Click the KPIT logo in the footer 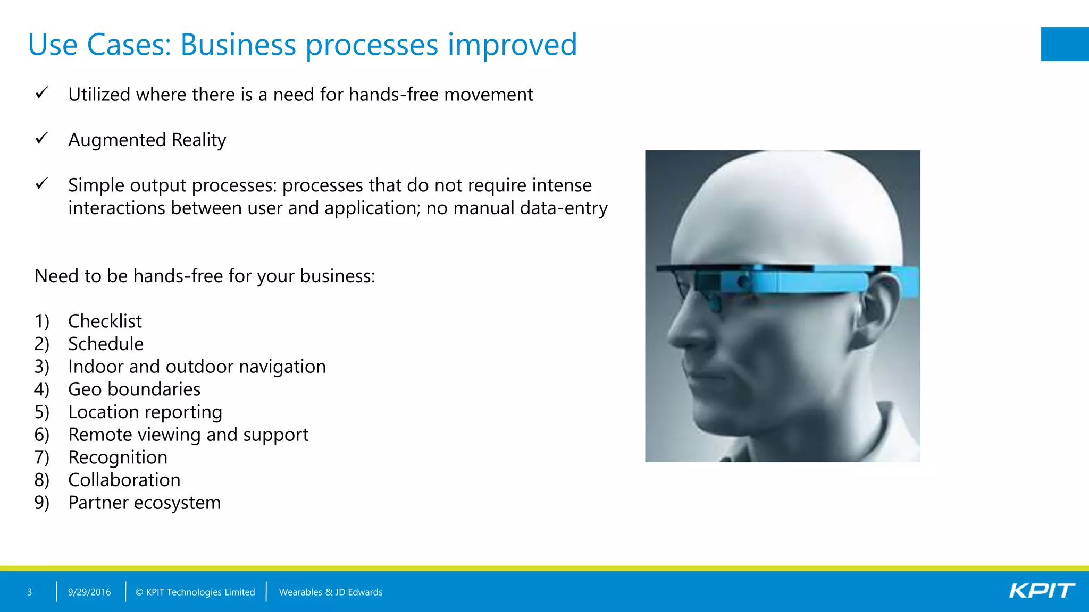click(1042, 591)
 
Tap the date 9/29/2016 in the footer click(89, 592)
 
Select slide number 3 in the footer click(30, 592)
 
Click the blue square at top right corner click(1065, 44)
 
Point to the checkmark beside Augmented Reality click(41, 139)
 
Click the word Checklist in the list click(105, 321)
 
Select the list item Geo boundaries click(134, 389)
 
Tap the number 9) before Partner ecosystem click(41, 503)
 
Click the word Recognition click(118, 457)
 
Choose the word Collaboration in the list click(124, 480)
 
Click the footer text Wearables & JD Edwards click(330, 592)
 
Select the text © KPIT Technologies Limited click(195, 592)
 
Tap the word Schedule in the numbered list click(106, 344)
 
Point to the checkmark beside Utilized click(41, 93)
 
